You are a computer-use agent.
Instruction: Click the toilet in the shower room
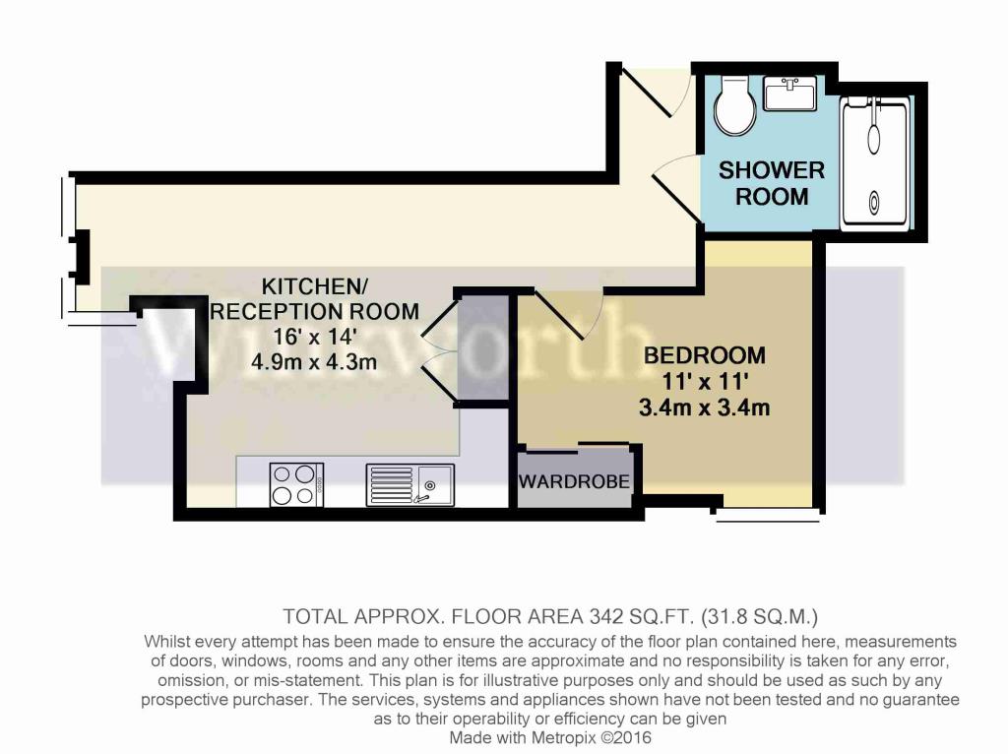point(735,106)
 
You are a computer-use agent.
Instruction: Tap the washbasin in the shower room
point(790,94)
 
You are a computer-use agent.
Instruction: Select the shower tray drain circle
point(875,203)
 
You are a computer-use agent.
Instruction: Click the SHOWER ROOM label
point(772,183)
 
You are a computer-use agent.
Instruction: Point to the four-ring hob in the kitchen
point(296,484)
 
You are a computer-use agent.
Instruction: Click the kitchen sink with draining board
point(410,484)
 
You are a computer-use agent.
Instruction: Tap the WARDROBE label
point(574,480)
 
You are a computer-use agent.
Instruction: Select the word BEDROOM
point(705,355)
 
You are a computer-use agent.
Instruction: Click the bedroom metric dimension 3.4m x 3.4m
point(705,408)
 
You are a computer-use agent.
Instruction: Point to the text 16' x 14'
point(314,337)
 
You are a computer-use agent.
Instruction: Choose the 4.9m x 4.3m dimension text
point(314,362)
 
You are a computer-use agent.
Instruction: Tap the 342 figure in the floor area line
point(606,616)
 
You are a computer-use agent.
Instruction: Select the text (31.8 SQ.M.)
point(759,617)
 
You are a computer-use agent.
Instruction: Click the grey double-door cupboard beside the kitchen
point(482,347)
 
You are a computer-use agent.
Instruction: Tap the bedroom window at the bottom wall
point(767,514)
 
